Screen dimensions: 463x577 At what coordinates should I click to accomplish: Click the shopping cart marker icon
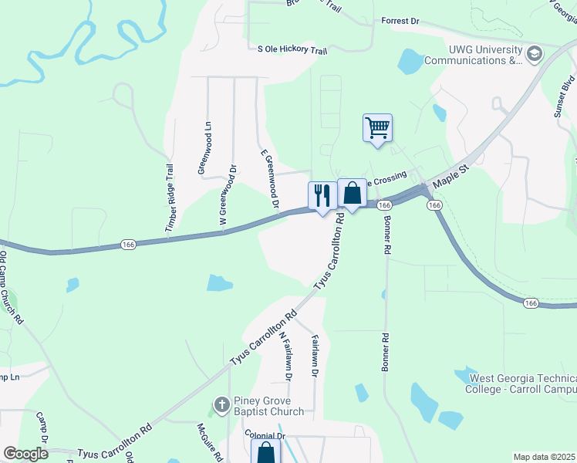tap(377, 127)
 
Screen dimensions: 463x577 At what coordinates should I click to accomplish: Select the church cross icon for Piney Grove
tap(221, 404)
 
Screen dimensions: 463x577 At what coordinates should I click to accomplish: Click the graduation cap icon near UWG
tap(535, 53)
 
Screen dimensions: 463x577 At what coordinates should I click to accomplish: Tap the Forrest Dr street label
tap(400, 22)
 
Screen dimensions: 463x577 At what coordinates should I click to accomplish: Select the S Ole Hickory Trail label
tap(292, 49)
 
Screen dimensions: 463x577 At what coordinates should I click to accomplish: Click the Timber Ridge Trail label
tap(170, 198)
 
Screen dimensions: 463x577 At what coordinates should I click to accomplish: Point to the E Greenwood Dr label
tap(268, 179)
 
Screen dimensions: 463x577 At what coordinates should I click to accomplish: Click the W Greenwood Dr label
tap(228, 195)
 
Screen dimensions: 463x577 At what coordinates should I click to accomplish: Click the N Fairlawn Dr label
tap(286, 357)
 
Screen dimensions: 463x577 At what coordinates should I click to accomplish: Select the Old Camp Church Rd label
tap(12, 287)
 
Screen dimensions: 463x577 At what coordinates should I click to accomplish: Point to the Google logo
tap(25, 454)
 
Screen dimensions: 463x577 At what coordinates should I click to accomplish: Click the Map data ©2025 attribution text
tap(544, 457)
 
